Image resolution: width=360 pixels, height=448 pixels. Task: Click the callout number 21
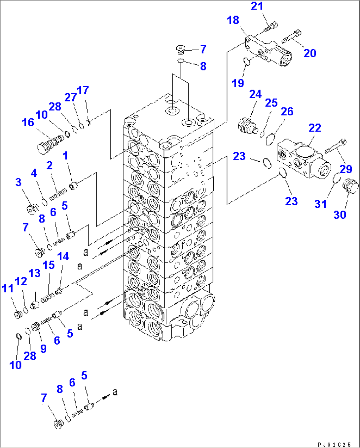257,6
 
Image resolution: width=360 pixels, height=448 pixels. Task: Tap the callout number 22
314,128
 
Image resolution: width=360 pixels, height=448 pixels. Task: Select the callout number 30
340,215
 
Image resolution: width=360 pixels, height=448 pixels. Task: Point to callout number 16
28,122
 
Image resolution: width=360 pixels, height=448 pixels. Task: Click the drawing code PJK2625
334,445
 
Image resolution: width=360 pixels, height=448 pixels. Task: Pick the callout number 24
255,95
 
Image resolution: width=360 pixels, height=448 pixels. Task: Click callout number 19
238,83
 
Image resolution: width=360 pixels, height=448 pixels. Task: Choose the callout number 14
63,257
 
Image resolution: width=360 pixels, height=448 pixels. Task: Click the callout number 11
8,289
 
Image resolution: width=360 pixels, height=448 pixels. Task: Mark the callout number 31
320,204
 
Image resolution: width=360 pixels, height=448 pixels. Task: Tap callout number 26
287,111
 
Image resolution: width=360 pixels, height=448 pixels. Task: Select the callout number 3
18,182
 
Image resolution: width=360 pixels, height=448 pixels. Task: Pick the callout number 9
43,349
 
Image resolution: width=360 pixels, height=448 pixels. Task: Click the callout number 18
233,20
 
